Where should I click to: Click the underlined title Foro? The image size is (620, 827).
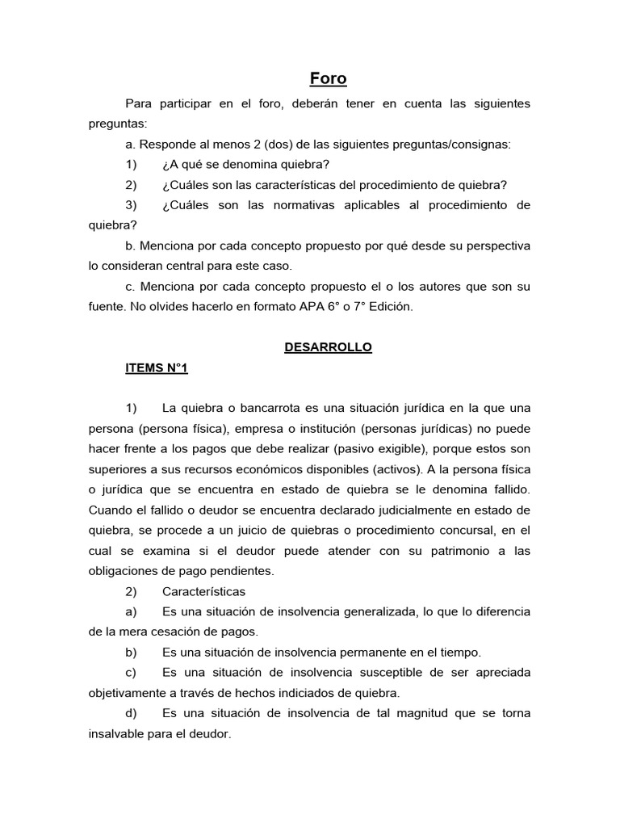(329, 78)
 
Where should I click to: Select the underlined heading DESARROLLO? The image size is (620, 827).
(328, 346)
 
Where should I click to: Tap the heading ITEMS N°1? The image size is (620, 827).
(156, 367)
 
